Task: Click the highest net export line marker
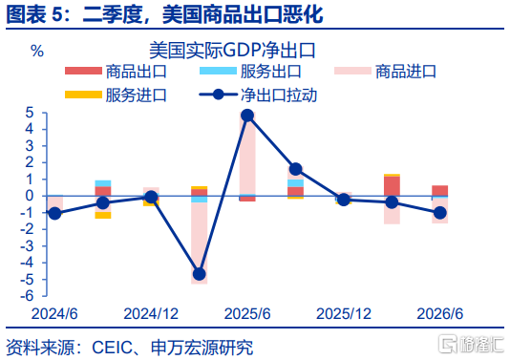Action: (247, 116)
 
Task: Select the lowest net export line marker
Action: (199, 274)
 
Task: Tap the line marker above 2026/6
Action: (440, 213)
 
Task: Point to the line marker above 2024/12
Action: (151, 197)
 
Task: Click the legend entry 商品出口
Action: (116, 72)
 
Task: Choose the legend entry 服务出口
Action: (250, 72)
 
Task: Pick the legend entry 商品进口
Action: (385, 72)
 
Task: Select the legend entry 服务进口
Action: (116, 95)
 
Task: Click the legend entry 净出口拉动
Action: (258, 95)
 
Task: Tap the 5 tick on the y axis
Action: (30, 113)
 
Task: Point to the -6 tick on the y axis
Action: (28, 296)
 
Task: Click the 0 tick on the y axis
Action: (30, 196)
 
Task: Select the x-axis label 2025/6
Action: (247, 314)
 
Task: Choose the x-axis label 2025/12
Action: (344, 314)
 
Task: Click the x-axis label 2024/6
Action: (54, 314)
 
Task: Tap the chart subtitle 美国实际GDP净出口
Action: (232, 51)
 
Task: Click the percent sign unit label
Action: (37, 51)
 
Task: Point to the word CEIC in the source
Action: (112, 348)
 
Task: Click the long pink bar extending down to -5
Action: (199, 243)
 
